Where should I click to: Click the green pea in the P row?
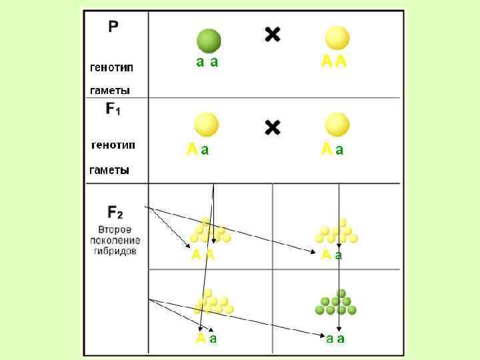click(x=208, y=41)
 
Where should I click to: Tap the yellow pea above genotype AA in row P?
click(x=337, y=39)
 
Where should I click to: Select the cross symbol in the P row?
click(x=273, y=35)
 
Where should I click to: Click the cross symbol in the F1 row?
click(x=273, y=127)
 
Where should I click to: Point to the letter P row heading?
click(x=114, y=27)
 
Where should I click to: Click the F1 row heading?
click(x=113, y=109)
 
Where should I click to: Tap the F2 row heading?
click(x=115, y=213)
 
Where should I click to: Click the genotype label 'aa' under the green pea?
click(x=207, y=62)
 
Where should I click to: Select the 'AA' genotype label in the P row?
click(x=333, y=62)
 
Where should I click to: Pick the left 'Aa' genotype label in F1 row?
click(x=197, y=150)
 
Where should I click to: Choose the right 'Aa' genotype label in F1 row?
click(x=333, y=150)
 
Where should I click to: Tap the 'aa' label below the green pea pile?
click(x=335, y=339)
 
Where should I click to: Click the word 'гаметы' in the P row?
click(x=110, y=90)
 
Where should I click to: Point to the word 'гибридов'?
click(x=115, y=252)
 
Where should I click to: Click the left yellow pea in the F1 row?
click(x=206, y=125)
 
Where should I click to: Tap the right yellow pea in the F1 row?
click(x=337, y=125)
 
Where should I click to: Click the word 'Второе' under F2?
click(x=115, y=229)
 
